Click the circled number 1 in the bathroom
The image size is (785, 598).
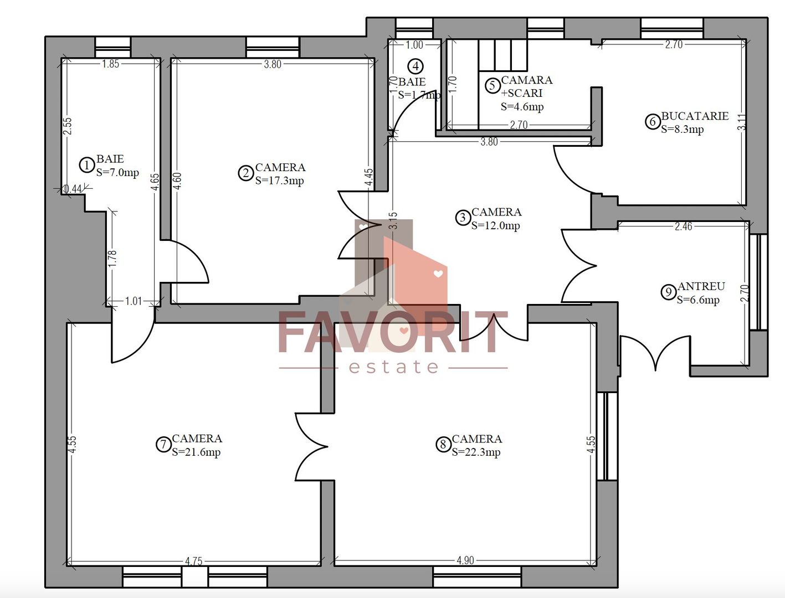[86, 165]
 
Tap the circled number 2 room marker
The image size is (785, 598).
[245, 173]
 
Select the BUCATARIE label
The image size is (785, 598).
[695, 116]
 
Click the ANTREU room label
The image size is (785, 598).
[701, 286]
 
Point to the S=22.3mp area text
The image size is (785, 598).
[476, 452]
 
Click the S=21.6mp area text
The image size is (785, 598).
[196, 452]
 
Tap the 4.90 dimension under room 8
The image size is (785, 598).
[465, 560]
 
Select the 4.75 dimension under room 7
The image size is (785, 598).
[193, 561]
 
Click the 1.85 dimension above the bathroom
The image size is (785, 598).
[110, 64]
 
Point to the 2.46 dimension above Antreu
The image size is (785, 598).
[683, 226]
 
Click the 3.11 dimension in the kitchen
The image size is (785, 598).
[742, 122]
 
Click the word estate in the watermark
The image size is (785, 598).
[394, 367]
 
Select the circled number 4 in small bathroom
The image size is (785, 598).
[415, 66]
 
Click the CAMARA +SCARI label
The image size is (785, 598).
[526, 86]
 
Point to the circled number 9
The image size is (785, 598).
[669, 292]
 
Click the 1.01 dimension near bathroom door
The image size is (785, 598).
[134, 301]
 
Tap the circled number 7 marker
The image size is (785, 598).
[163, 445]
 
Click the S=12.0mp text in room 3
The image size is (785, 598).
[495, 226]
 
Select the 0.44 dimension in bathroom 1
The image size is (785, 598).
[73, 189]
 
